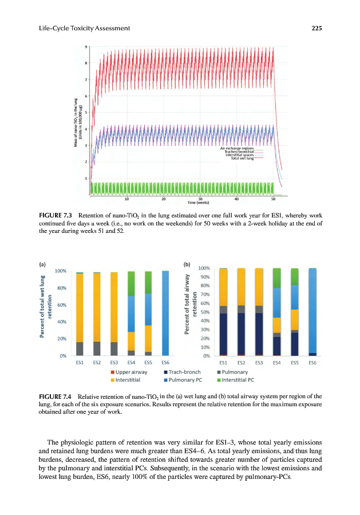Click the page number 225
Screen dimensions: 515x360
pos(318,29)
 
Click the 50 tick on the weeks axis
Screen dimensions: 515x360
pos(273,199)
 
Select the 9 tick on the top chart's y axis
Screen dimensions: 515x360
pos(86,47)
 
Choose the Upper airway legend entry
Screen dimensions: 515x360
pos(132,372)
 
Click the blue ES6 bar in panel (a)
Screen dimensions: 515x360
pos(165,314)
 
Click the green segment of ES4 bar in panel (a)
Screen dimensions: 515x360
pos(131,283)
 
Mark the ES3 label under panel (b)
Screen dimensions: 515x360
pos(259,362)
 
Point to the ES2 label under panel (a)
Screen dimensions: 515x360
pos(97,362)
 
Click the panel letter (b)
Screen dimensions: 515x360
pos(186,265)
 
